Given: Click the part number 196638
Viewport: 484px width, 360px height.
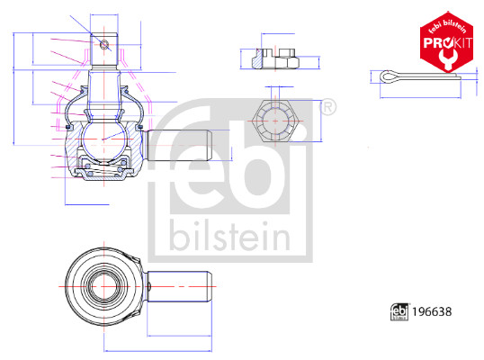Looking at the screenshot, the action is pyautogui.click(x=432, y=311).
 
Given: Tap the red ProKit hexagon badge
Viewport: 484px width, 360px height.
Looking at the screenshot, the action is pyautogui.click(x=446, y=42).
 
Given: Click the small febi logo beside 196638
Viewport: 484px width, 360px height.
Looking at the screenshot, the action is pyautogui.click(x=399, y=311).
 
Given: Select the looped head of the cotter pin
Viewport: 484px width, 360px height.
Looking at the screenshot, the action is pyautogui.click(x=389, y=76).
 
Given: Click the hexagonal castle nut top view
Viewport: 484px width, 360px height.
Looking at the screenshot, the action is pyautogui.click(x=275, y=121).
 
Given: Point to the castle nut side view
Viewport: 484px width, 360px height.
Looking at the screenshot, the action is pyautogui.click(x=275, y=58).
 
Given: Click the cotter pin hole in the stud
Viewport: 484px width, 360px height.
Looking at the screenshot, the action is pyautogui.click(x=104, y=45).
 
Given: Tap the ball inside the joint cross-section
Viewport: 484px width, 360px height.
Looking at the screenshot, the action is pyautogui.click(x=103, y=139).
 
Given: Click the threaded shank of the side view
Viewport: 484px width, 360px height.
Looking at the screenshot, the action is pyautogui.click(x=180, y=145).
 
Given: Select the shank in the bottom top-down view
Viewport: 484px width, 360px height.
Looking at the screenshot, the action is pyautogui.click(x=179, y=286).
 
